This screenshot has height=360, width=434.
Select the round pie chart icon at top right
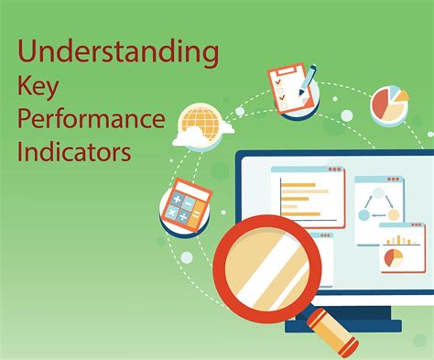point(389,104)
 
